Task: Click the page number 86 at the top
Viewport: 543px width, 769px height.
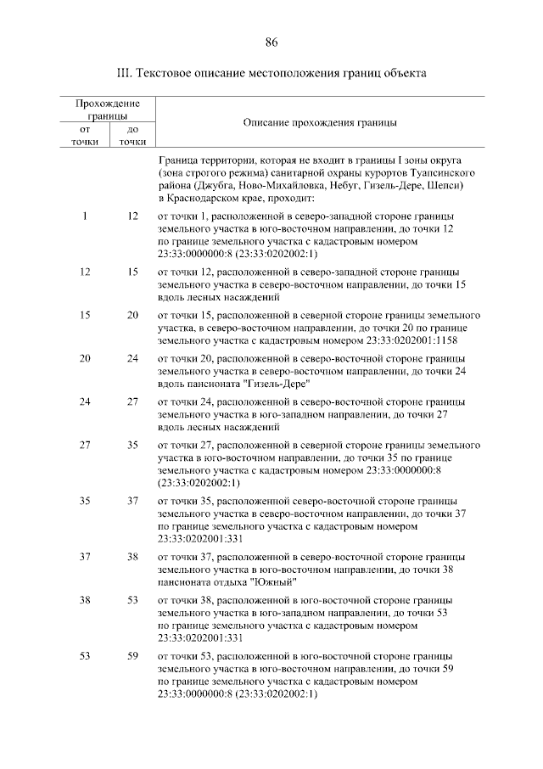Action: (x=271, y=42)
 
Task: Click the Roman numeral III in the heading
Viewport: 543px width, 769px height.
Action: (x=122, y=74)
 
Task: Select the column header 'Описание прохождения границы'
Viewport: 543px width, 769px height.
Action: (x=320, y=123)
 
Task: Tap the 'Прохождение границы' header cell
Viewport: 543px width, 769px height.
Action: (x=108, y=109)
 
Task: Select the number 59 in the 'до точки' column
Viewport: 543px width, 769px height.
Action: (x=132, y=656)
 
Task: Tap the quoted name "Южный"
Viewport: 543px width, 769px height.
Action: (x=273, y=581)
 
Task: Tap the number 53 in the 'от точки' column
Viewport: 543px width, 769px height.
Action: (x=85, y=656)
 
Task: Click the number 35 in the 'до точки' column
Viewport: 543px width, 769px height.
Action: (x=132, y=445)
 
